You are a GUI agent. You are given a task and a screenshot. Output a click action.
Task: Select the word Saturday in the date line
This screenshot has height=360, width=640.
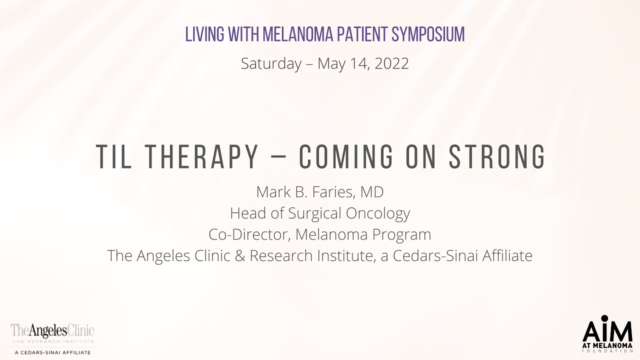point(271,63)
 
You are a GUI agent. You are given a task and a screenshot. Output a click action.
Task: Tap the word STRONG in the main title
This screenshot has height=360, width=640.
point(497,157)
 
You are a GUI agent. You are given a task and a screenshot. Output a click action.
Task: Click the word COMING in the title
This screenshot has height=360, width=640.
point(346,157)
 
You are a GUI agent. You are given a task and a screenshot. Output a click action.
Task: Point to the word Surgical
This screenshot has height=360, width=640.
point(313,213)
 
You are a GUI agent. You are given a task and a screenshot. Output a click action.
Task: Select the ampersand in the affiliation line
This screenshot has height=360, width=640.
point(241,255)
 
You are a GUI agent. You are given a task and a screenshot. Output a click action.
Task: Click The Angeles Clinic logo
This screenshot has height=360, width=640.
point(53,338)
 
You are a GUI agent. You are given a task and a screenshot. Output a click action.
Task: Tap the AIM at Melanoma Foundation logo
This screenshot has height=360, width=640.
point(607,334)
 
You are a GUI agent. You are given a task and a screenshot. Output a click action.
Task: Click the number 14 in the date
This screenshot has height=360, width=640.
point(350,63)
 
